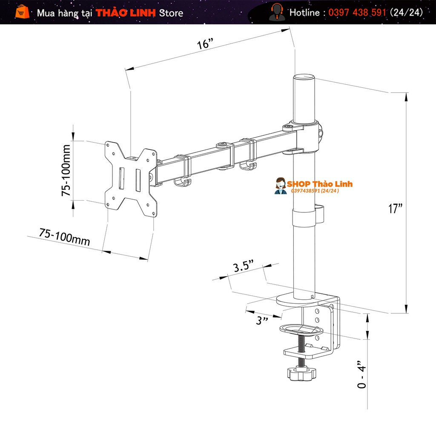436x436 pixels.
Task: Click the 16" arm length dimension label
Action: click(205, 44)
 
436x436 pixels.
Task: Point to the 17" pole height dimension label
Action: click(395, 209)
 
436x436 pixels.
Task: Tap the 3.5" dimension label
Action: click(243, 267)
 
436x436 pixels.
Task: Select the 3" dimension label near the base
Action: click(263, 320)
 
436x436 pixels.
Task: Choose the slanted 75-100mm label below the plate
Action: click(64, 237)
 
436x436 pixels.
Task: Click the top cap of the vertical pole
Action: click(304, 77)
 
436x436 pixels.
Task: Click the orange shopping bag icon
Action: click(23, 12)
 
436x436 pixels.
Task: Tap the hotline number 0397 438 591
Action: click(357, 12)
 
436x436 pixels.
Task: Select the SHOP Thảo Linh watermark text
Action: click(319, 184)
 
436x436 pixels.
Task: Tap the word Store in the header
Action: click(171, 13)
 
